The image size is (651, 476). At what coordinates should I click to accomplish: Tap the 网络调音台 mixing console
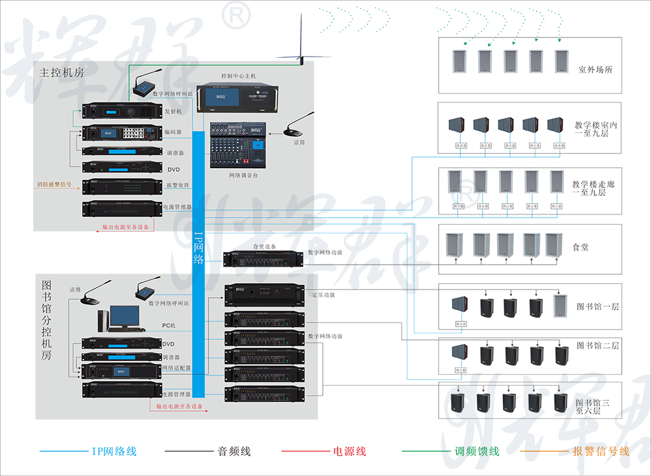[x=238, y=146]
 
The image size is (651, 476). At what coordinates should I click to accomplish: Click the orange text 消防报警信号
[x=58, y=186]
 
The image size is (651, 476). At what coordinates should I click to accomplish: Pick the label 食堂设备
[x=264, y=246]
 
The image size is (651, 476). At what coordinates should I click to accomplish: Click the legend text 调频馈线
[x=476, y=452]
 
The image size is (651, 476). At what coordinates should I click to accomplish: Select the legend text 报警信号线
[x=601, y=452]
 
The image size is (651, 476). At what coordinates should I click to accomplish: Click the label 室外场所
[x=596, y=70]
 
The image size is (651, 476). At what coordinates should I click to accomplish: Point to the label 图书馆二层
[x=598, y=346]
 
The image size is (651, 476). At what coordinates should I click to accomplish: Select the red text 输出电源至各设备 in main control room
[x=126, y=227]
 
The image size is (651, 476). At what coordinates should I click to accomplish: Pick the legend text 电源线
[x=350, y=452]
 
